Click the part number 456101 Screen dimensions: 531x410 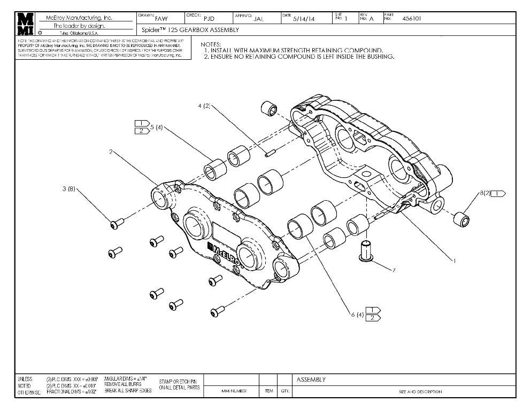point(411,18)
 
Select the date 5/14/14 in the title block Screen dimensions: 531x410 point(304,19)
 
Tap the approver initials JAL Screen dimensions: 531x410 point(259,19)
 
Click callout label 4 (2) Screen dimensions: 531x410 point(203,106)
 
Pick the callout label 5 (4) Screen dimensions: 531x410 point(156,128)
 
